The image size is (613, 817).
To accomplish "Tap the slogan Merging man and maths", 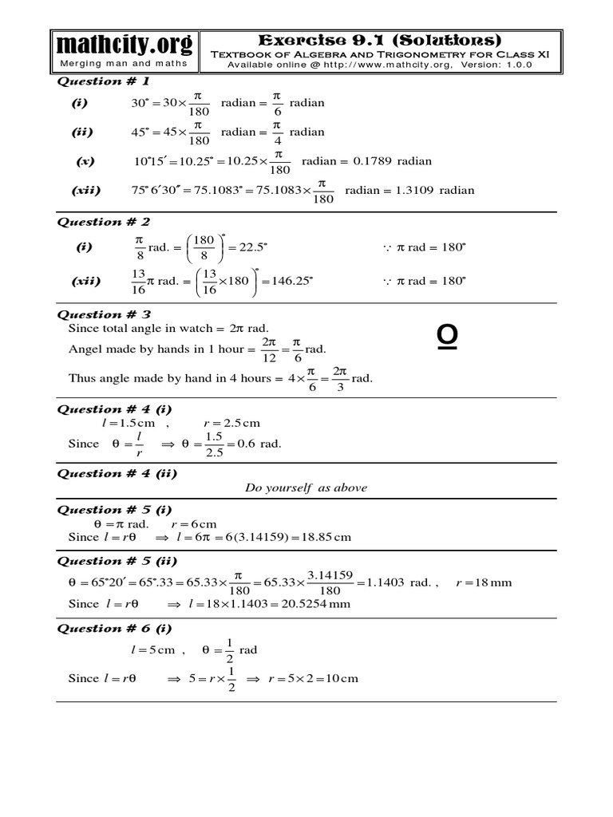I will (124, 64).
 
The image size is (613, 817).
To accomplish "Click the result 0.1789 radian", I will (391, 161).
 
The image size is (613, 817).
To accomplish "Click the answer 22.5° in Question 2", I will (247, 247).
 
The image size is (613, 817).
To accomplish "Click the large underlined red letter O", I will (447, 338).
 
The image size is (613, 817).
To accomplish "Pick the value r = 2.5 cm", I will (231, 424).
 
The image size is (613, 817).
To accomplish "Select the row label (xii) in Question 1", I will (85, 191).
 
